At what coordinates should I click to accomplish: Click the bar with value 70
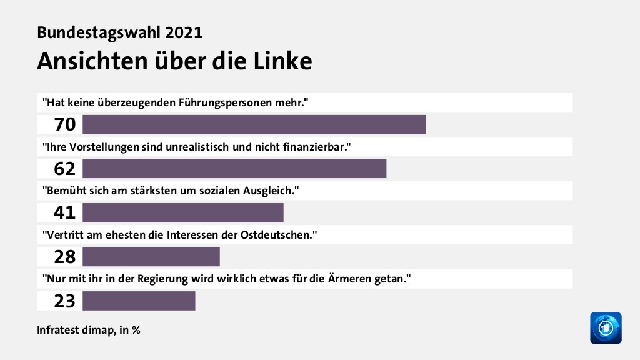pos(254,124)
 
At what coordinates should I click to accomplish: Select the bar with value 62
pos(234,169)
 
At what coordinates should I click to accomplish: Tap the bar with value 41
pos(182,212)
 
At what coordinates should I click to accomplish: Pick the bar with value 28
pos(151,257)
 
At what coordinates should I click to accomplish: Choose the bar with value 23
pos(139,301)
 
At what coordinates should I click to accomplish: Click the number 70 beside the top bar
pos(65,125)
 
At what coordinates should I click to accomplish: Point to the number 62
pos(65,169)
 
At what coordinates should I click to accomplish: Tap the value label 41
pos(65,213)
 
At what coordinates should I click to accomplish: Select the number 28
pos(65,257)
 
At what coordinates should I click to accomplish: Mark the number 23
pos(65,301)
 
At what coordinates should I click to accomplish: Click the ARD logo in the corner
pos(606,328)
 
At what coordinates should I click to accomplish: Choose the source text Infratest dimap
pos(74,329)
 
